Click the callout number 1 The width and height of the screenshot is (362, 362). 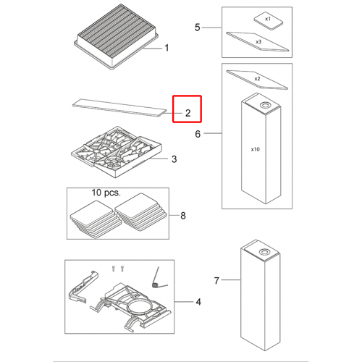click(167, 48)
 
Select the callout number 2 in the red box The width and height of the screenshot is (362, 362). click(188, 113)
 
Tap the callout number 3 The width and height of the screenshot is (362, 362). click(174, 159)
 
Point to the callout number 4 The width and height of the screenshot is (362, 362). click(198, 302)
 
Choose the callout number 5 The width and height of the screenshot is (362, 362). click(198, 28)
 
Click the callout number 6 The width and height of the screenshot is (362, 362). click(198, 134)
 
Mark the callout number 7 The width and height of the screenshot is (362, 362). click(216, 281)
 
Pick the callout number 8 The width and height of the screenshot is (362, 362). click(183, 216)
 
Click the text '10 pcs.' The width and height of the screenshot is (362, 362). click(106, 193)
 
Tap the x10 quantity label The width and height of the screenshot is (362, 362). click(256, 149)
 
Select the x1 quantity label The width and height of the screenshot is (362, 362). click(268, 19)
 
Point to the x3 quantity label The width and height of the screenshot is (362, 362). click(258, 42)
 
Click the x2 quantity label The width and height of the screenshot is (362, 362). click(257, 79)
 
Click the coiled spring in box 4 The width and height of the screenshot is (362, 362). click(155, 285)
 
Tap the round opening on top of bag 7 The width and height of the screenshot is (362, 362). click(265, 253)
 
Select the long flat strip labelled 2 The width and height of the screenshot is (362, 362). click(119, 107)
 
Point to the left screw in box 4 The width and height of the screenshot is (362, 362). click(114, 269)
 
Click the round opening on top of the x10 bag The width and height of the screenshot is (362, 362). click(266, 105)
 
